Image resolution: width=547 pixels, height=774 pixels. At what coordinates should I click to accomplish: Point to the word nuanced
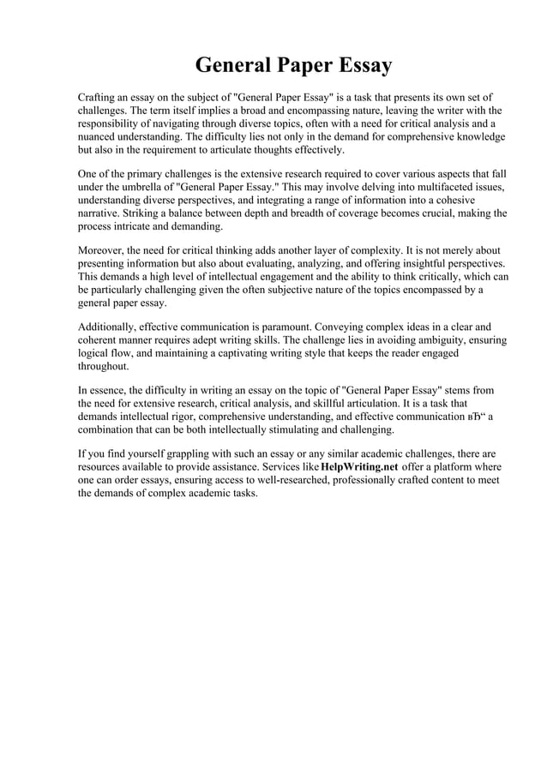99,136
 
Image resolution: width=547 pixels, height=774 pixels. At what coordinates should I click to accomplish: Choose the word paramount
278,327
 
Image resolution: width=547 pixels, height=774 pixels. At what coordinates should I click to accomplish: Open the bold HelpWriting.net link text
359,466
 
